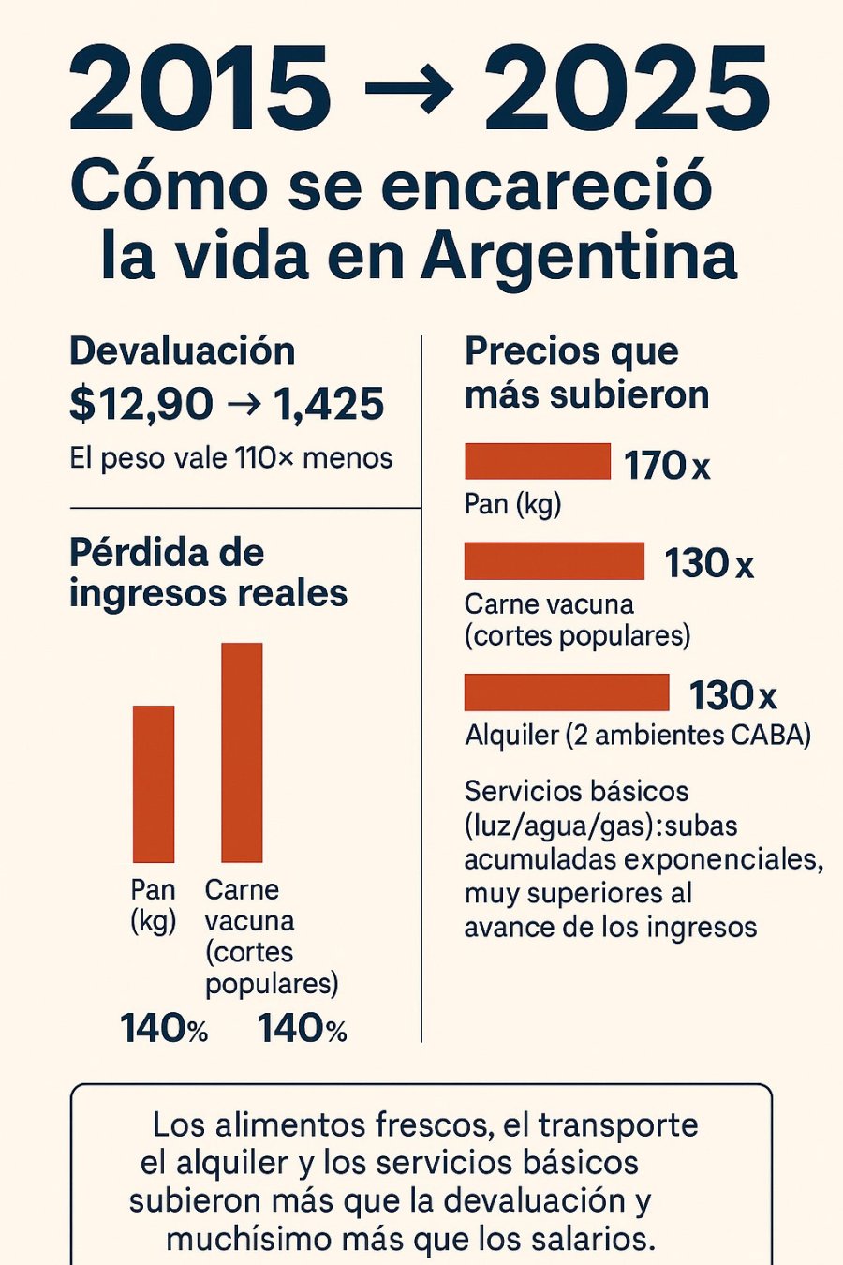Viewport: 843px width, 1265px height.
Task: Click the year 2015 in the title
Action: tap(200, 89)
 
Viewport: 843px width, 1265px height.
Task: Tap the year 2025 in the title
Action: tap(627, 89)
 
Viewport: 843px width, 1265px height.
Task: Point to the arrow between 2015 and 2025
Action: tap(408, 90)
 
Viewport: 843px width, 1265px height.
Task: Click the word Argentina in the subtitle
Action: tap(579, 255)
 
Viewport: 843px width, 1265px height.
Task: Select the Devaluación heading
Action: tap(183, 351)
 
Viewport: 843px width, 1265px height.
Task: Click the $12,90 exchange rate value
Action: tap(141, 404)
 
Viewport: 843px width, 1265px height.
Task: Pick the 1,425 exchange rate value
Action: tap(329, 404)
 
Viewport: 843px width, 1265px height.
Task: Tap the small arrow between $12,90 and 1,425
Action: tap(244, 405)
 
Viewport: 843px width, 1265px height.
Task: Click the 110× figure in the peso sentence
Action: tap(266, 458)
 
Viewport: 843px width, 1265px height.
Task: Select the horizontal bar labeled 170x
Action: tap(538, 461)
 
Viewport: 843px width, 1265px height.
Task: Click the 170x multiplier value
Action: tap(667, 465)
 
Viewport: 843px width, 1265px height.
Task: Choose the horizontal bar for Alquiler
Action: tap(567, 692)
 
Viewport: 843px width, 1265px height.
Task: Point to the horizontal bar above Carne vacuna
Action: tap(555, 560)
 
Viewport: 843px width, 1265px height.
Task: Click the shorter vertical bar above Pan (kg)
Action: tap(154, 783)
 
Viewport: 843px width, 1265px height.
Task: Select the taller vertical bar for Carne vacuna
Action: tap(242, 752)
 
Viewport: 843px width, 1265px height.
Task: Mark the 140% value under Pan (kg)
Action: tap(164, 1029)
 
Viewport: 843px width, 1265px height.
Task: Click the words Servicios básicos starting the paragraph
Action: tap(576, 791)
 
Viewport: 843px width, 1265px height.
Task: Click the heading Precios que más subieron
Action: tap(586, 373)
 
